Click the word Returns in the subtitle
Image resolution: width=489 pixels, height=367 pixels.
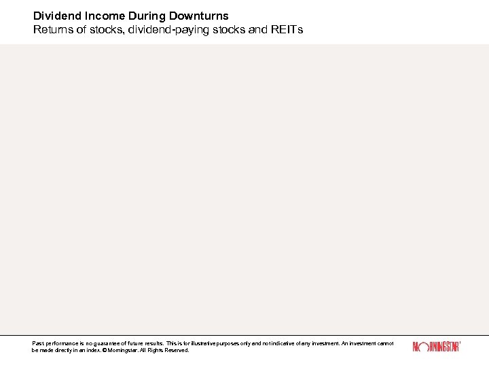pos(53,30)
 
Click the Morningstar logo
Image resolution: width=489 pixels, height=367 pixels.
pos(436,347)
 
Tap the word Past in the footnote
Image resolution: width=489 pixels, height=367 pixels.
pos(37,344)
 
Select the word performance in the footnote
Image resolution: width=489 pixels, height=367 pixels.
pos(57,344)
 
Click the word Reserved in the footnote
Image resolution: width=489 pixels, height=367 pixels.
pos(178,351)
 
